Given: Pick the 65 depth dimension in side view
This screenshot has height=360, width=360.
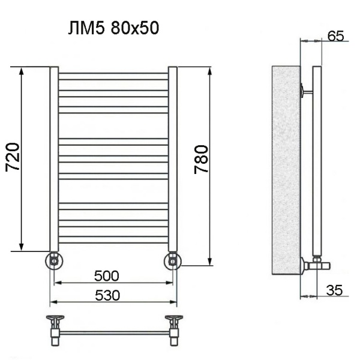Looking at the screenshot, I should (x=336, y=35).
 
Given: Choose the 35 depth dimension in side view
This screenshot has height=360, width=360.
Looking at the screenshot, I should (x=335, y=290).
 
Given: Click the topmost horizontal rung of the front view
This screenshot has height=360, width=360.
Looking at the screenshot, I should (x=113, y=75).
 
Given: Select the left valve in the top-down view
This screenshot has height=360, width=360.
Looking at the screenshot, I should (x=55, y=327).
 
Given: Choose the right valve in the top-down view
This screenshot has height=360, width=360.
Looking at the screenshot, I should (x=173, y=327).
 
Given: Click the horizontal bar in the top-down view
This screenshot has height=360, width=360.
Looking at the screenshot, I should (x=114, y=331).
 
